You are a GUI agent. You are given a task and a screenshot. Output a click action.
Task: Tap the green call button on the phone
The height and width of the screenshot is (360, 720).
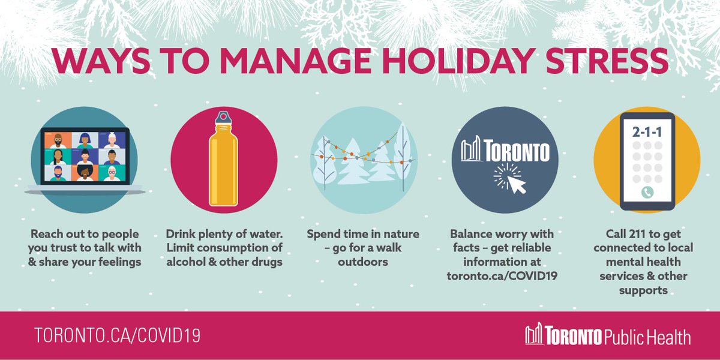(x=647, y=193)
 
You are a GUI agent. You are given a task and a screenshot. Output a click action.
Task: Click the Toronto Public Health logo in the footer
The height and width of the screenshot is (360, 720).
(x=607, y=336)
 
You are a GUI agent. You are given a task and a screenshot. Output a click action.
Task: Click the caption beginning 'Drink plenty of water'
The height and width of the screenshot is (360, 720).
(x=223, y=248)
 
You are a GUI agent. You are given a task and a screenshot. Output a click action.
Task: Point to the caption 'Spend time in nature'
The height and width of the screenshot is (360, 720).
(x=363, y=248)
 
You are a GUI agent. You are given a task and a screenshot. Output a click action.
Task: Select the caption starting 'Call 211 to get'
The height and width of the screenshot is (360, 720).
(x=646, y=262)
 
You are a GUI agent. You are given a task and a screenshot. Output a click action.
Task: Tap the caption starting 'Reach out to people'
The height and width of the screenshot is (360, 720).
(x=84, y=248)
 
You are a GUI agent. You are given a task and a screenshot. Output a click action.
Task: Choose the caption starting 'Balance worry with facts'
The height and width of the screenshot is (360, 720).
(x=502, y=255)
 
